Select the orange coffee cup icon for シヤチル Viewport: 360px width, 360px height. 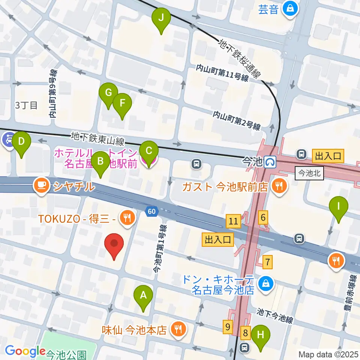(x=40, y=185)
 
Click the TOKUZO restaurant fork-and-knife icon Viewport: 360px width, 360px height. (x=127, y=217)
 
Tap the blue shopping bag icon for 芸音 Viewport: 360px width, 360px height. (x=290, y=8)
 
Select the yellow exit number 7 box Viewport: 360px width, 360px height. (x=267, y=261)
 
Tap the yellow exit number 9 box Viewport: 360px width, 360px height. (x=228, y=327)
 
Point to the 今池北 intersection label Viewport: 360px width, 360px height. (x=309, y=174)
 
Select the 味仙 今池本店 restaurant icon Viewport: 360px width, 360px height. (x=177, y=329)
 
